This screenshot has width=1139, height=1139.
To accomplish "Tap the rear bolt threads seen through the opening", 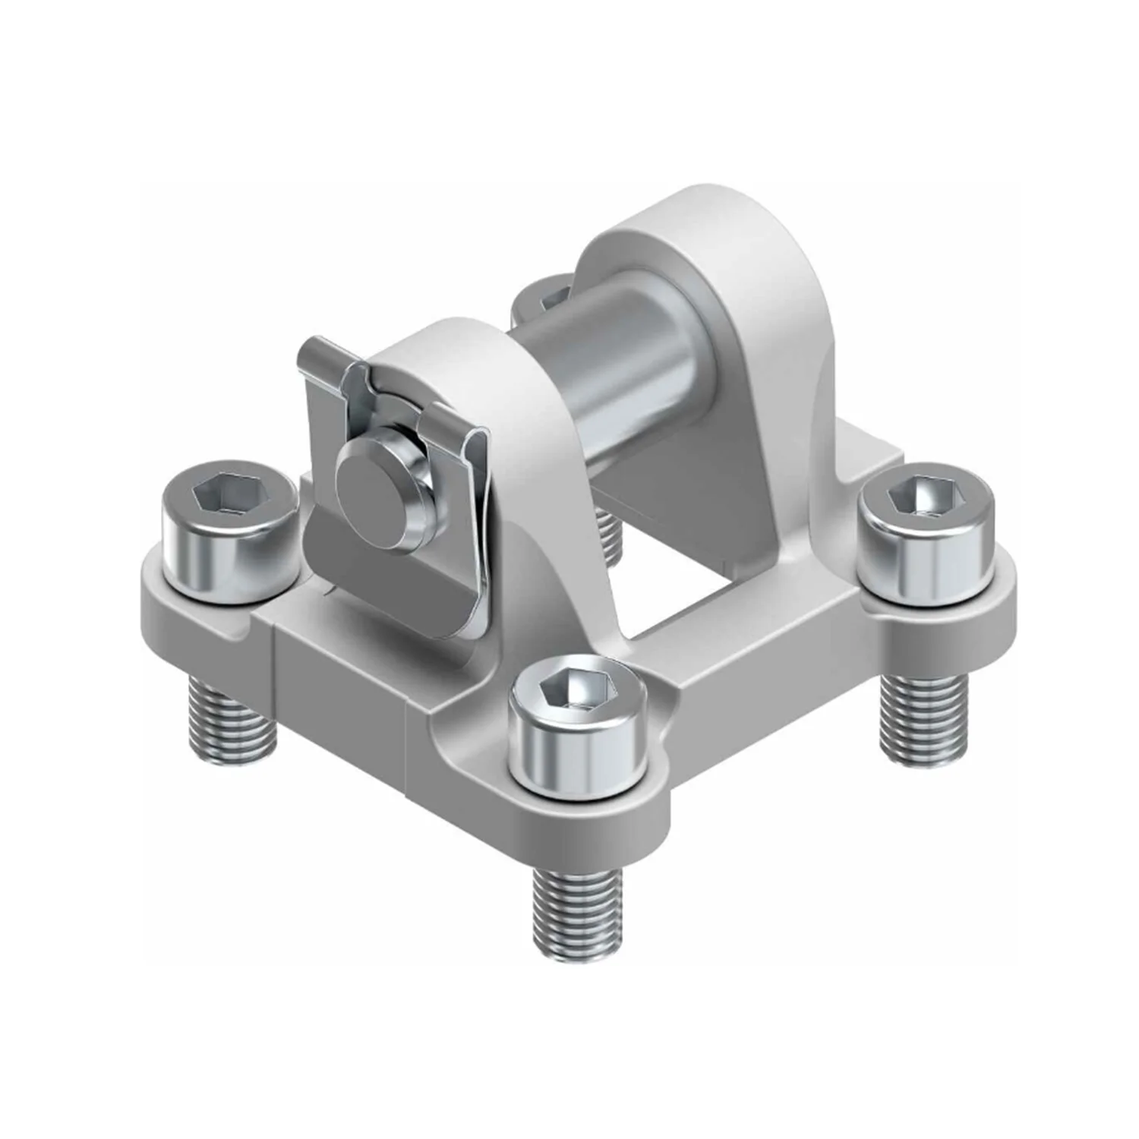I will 608,535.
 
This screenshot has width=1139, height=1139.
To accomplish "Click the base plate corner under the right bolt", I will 987,615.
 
